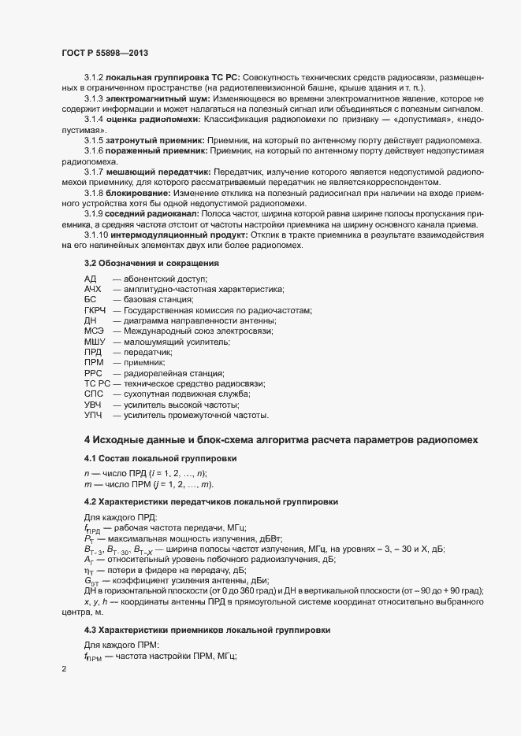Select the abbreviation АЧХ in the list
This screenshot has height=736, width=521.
[x=94, y=290]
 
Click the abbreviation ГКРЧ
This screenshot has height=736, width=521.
[x=97, y=311]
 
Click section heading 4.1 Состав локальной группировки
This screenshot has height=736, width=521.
[x=158, y=458]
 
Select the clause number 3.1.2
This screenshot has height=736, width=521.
[x=93, y=79]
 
